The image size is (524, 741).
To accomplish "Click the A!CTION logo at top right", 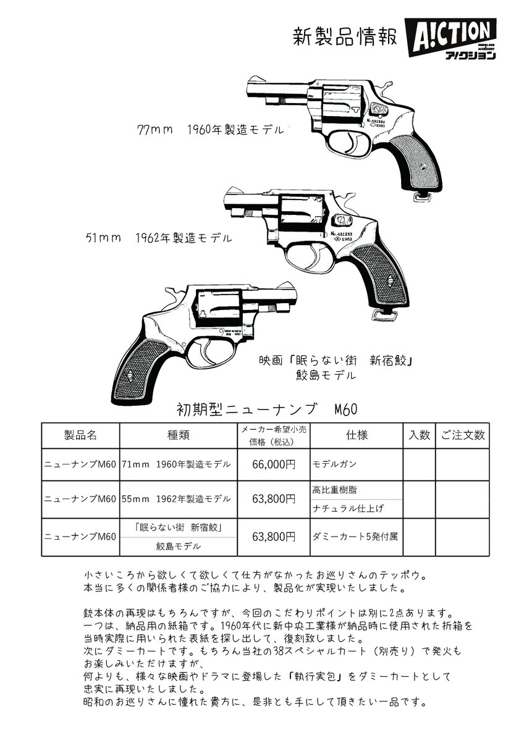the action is [x=450, y=38].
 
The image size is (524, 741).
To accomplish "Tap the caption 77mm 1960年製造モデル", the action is [x=210, y=130].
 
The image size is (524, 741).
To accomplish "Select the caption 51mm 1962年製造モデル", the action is [x=159, y=237].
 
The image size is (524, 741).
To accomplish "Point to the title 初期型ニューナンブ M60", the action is [x=267, y=409].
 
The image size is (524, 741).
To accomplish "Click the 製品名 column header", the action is [x=80, y=435].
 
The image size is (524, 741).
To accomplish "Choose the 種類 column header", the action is [x=178, y=435].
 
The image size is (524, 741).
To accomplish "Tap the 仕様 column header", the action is [x=357, y=435].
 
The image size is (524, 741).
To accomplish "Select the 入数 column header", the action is [x=419, y=435].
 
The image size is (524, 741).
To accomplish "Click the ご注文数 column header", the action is [x=463, y=435].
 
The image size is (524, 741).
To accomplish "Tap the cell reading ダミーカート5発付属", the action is [x=355, y=536].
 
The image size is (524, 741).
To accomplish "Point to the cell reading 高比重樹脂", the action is [x=335, y=490].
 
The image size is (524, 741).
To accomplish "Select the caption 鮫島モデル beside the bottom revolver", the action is [x=326, y=375].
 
